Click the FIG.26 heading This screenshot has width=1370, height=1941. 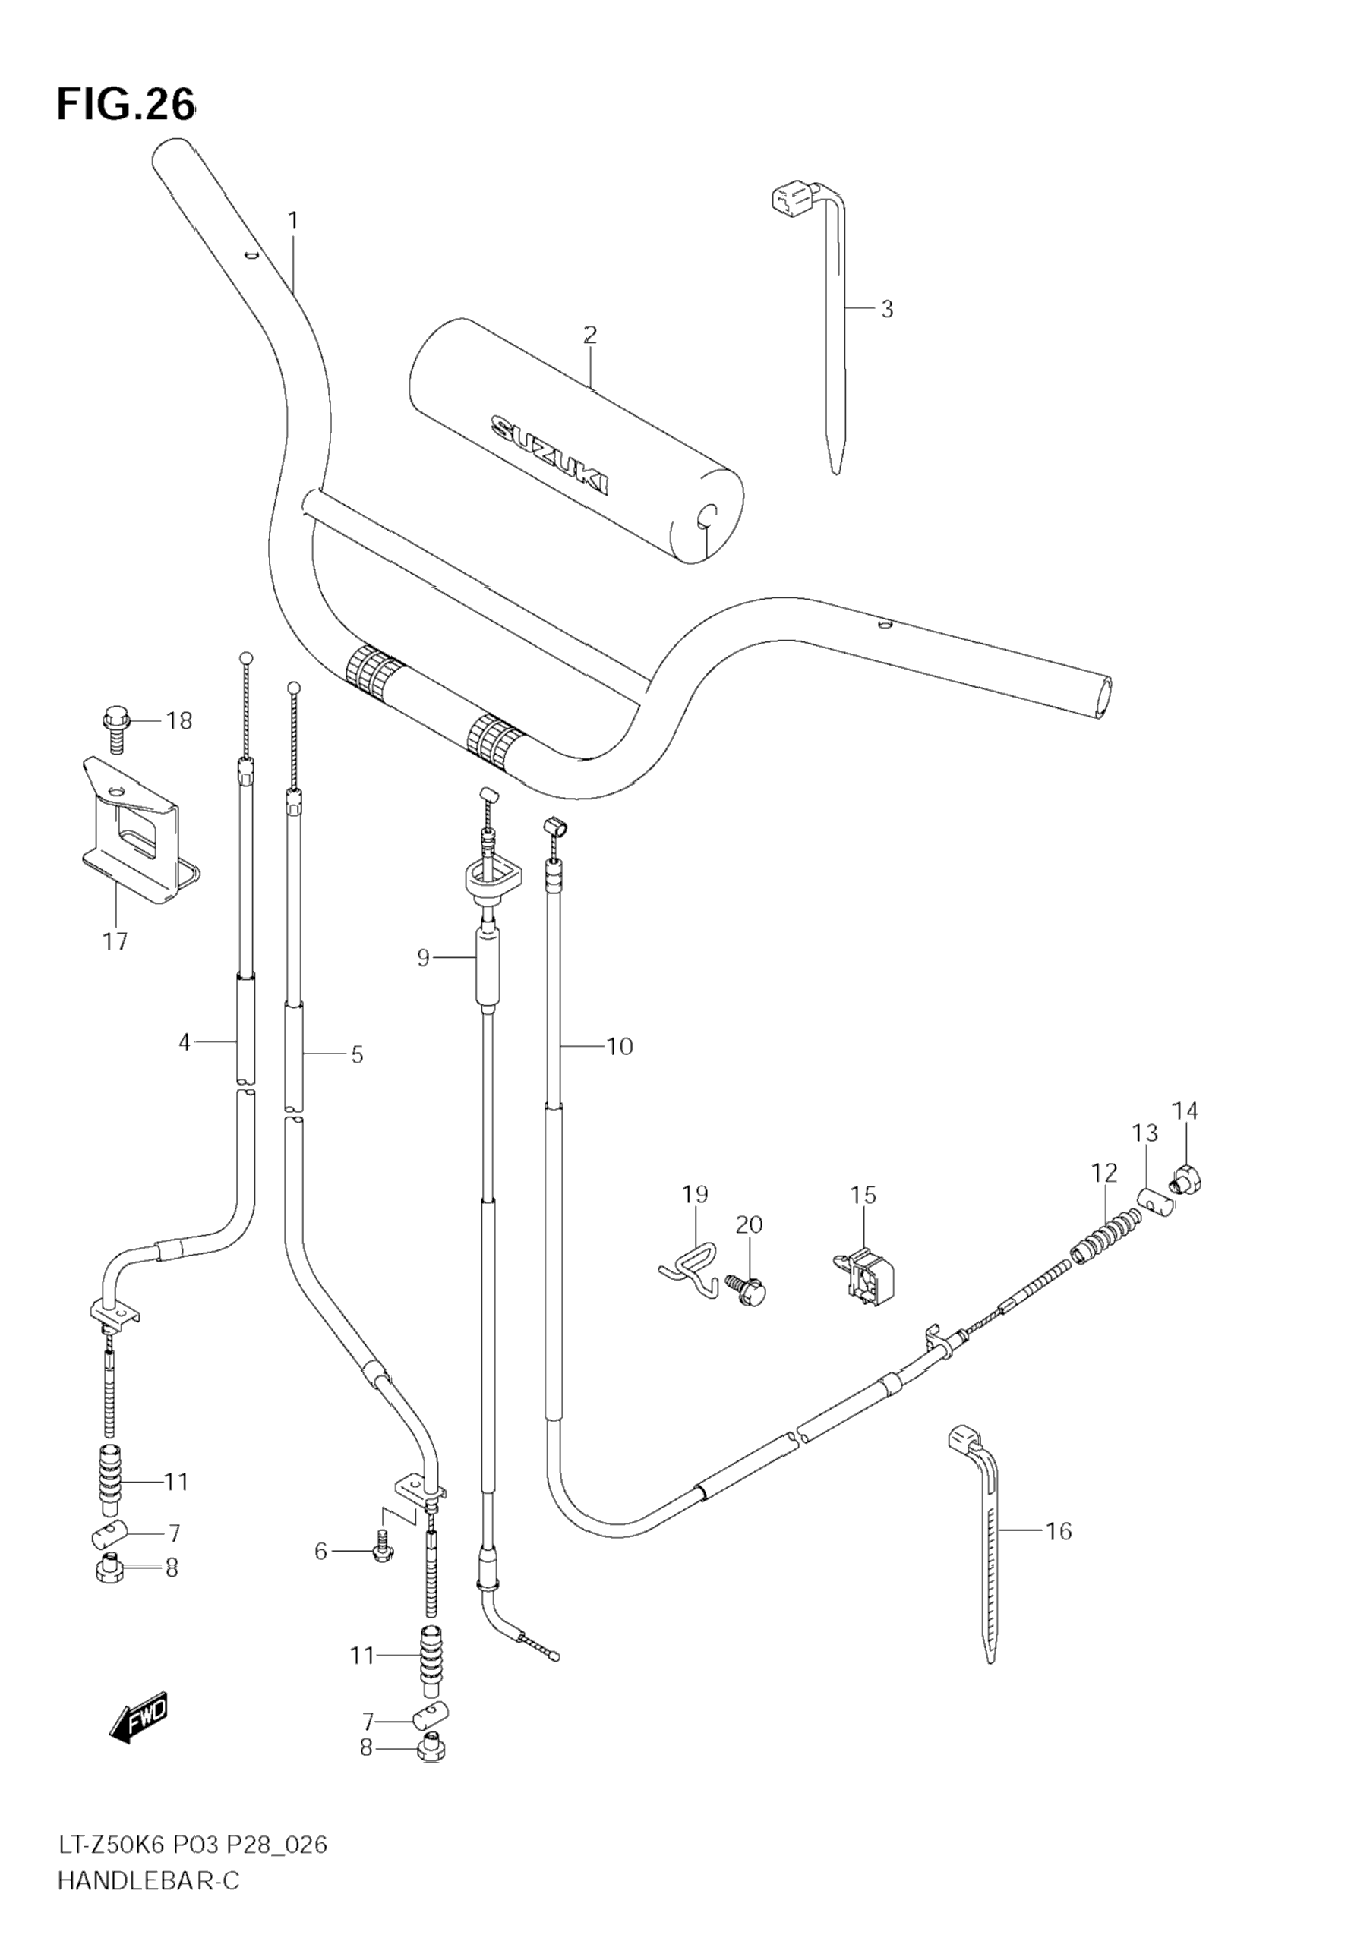125,105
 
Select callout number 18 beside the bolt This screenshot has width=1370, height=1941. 178,721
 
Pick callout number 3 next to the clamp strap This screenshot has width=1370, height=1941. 886,310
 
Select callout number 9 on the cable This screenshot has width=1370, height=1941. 424,958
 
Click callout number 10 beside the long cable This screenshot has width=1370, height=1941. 620,1047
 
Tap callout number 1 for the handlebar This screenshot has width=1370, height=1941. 292,222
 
